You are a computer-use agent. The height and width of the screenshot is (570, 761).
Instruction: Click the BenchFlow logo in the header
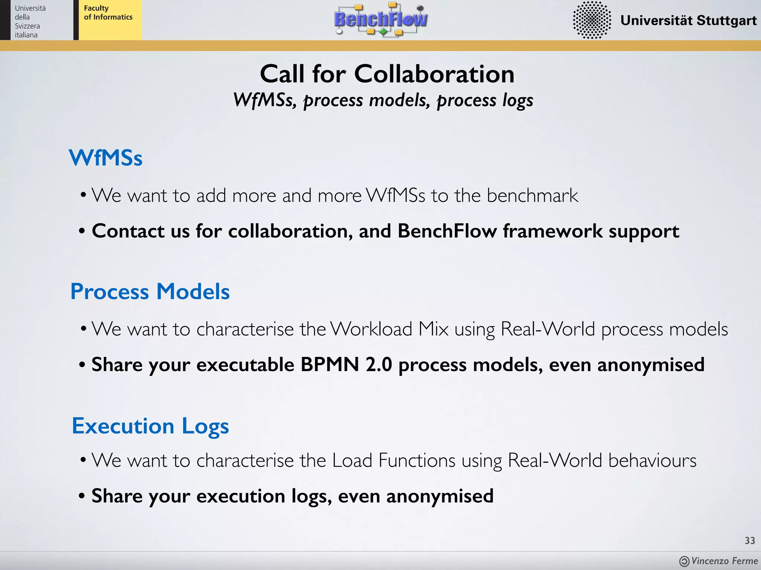(381, 19)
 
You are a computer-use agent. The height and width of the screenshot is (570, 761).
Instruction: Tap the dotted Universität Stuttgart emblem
(592, 20)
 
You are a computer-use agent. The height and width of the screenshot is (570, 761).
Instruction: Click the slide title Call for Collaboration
(387, 74)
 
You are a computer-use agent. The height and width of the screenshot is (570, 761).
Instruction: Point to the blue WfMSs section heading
(106, 158)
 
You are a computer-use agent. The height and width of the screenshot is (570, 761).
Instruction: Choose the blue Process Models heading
(150, 291)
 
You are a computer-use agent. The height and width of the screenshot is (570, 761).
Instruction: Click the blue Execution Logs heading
(150, 426)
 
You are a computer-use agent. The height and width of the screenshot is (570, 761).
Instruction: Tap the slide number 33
(750, 541)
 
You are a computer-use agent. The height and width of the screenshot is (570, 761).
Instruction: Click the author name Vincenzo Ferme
(724, 561)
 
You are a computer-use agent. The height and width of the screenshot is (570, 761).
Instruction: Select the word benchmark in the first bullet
(532, 196)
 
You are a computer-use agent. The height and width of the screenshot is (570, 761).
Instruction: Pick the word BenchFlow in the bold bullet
(447, 231)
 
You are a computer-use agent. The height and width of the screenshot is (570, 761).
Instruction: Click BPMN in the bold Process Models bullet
(330, 364)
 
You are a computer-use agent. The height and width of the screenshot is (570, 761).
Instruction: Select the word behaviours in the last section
(652, 461)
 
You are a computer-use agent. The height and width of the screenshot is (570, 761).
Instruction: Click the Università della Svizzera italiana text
(30, 22)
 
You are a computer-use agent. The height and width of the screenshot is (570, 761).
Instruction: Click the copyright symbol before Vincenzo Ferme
(684, 561)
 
